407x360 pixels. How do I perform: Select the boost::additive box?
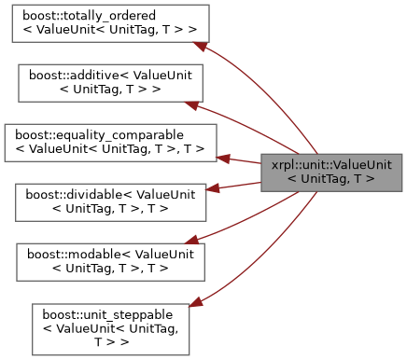click(104, 83)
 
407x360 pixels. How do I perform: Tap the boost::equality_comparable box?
click(111, 141)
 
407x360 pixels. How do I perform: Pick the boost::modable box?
click(104, 260)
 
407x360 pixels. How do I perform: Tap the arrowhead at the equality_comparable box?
click(225, 147)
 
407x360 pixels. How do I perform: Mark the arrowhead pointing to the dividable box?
click(212, 188)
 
